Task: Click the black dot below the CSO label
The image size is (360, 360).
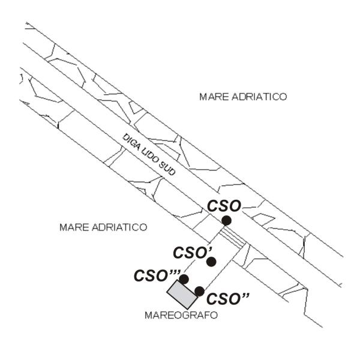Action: click(226, 221)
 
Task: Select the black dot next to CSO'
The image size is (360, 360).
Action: click(211, 262)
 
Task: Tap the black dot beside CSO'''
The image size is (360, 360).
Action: click(184, 279)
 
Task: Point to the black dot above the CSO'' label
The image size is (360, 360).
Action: click(199, 292)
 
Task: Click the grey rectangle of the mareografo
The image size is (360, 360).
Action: click(182, 295)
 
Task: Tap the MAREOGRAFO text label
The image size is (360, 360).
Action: click(181, 315)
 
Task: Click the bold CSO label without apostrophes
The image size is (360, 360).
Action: click(224, 206)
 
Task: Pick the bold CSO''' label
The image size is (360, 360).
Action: click(157, 275)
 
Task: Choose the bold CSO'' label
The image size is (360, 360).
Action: click(228, 299)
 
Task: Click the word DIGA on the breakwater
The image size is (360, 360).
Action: click(131, 142)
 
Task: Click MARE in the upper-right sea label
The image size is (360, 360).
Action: click(214, 97)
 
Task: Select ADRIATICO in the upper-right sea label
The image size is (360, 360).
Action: click(259, 97)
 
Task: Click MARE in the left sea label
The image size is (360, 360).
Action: click(74, 227)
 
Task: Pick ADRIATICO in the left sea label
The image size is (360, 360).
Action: click(119, 227)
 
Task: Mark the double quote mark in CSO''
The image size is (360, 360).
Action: click(245, 295)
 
